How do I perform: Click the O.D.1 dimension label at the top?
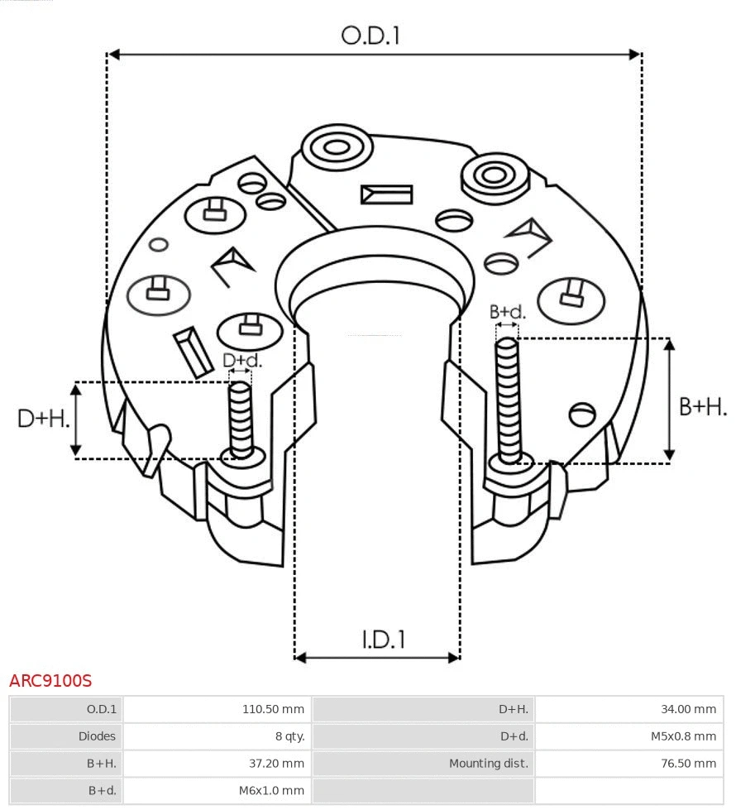[x=370, y=36]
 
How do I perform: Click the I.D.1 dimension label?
[x=384, y=639]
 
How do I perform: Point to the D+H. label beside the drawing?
[x=43, y=419]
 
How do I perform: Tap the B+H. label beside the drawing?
[x=703, y=406]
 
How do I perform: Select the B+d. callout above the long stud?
[x=507, y=312]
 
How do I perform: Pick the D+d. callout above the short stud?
[x=242, y=361]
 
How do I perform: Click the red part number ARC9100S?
[x=50, y=681]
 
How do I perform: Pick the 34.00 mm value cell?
[x=688, y=709]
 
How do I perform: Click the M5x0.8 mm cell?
[x=682, y=736]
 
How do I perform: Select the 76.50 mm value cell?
[x=688, y=763]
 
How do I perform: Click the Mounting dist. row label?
[x=488, y=763]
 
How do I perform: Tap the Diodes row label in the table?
[x=97, y=736]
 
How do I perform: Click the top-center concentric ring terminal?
[x=337, y=149]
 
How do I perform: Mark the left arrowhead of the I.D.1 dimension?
[x=300, y=658]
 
